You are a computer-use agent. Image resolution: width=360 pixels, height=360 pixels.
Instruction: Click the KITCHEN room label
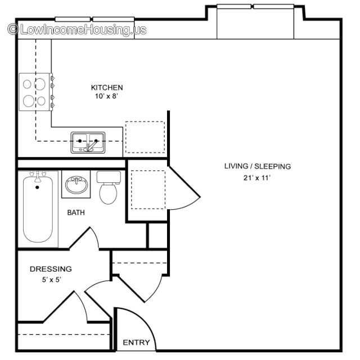click(x=107, y=88)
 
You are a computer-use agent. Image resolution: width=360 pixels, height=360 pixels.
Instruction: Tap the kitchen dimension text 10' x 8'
click(x=106, y=96)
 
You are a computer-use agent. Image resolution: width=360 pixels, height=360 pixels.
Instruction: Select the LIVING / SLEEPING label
click(x=258, y=166)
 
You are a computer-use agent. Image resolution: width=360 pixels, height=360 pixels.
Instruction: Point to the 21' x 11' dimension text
click(x=257, y=178)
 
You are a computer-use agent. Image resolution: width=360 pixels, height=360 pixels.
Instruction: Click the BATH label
click(x=76, y=213)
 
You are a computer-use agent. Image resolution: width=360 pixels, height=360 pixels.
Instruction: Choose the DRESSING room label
click(x=51, y=269)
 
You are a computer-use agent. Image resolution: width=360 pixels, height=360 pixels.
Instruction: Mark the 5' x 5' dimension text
click(x=51, y=280)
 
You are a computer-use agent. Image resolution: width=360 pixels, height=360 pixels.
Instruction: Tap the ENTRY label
click(x=136, y=343)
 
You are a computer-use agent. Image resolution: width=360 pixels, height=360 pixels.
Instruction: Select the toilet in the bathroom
click(x=109, y=188)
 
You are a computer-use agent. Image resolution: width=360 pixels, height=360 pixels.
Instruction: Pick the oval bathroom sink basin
click(x=76, y=184)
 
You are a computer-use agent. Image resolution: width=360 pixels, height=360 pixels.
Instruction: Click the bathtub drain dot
click(x=37, y=187)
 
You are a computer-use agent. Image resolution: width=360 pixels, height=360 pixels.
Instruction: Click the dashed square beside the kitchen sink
click(x=145, y=137)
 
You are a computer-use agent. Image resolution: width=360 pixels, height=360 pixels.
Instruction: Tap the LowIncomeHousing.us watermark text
click(x=83, y=30)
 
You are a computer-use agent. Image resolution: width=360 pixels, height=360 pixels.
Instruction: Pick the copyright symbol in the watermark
click(x=13, y=29)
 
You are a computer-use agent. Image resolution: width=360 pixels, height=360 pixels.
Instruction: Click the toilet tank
click(x=109, y=177)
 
